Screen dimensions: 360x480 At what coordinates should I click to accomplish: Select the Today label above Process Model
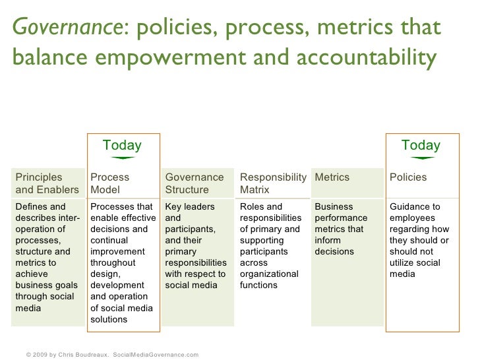(x=122, y=145)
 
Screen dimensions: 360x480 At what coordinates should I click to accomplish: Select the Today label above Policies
(x=421, y=145)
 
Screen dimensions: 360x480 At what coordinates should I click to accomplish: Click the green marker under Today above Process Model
(x=122, y=158)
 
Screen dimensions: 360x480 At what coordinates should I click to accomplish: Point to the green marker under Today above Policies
(x=421, y=158)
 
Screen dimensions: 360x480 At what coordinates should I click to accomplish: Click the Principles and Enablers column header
(x=47, y=183)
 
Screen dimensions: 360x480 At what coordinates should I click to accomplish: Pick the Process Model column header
(x=110, y=183)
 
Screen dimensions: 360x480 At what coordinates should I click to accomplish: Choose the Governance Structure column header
(x=195, y=183)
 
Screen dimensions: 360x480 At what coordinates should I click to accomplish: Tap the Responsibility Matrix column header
(x=273, y=183)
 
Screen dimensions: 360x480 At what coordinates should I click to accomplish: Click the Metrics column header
(x=332, y=177)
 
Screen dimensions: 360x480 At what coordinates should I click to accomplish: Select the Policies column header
(x=408, y=177)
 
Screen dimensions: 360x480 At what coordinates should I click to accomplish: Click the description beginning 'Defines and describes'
(x=47, y=257)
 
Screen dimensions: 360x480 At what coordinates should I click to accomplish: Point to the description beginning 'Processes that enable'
(x=123, y=262)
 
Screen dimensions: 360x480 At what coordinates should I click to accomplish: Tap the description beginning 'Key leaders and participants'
(x=195, y=245)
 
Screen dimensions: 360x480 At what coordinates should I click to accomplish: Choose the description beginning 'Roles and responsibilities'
(x=270, y=245)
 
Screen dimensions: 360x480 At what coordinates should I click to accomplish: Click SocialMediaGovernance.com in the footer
(x=156, y=354)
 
